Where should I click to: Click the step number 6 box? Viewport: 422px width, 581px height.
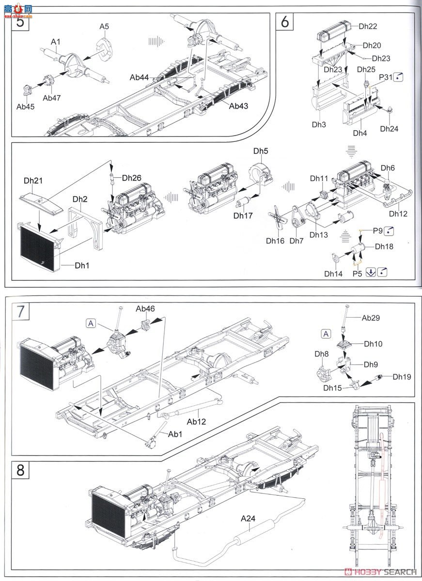[x=284, y=22]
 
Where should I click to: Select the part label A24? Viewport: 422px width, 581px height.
[x=248, y=519]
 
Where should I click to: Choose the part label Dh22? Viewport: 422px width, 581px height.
[x=368, y=26]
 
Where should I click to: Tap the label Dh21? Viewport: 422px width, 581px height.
[x=33, y=181]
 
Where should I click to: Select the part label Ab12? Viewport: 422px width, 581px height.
[x=197, y=421]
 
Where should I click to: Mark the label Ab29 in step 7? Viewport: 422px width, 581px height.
[x=371, y=318]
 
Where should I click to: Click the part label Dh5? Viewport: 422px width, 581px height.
[x=260, y=151]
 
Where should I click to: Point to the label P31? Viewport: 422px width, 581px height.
[x=386, y=77]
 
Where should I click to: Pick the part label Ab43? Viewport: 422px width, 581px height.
[x=238, y=106]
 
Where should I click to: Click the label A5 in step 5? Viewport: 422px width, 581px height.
[x=105, y=27]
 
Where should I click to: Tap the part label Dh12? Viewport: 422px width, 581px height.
[x=398, y=214]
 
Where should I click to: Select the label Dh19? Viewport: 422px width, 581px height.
[x=402, y=376]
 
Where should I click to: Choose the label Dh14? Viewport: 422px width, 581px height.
[x=333, y=274]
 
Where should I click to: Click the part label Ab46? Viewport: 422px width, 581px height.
[x=145, y=308]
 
